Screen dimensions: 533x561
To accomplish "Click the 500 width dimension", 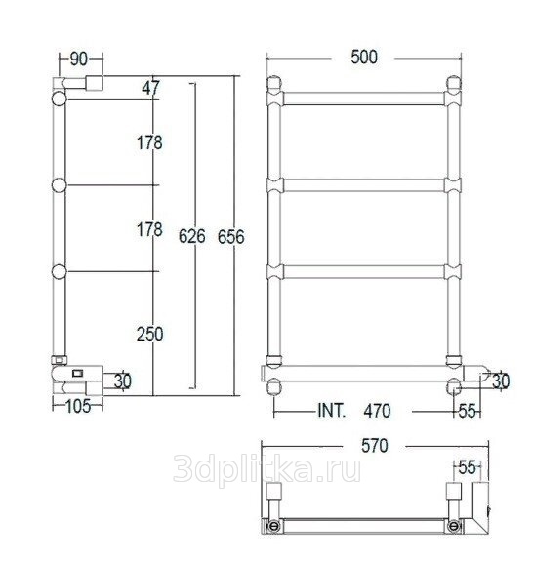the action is pyautogui.click(x=364, y=58).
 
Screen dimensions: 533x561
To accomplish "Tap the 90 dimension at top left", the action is pyautogui.click(x=79, y=60).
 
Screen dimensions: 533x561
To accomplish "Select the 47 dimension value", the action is pyautogui.click(x=150, y=88).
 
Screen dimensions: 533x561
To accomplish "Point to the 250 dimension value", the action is pyautogui.click(x=150, y=334).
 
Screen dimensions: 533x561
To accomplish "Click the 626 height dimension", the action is pyautogui.click(x=192, y=236).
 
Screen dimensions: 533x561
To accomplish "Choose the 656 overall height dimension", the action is pyautogui.click(x=231, y=236).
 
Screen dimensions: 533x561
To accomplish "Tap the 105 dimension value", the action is pyautogui.click(x=78, y=407).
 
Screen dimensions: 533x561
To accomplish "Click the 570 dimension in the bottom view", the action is pyautogui.click(x=375, y=446).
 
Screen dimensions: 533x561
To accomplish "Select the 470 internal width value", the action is pyautogui.click(x=377, y=411).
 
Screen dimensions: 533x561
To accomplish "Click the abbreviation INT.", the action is pyautogui.click(x=332, y=411).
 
